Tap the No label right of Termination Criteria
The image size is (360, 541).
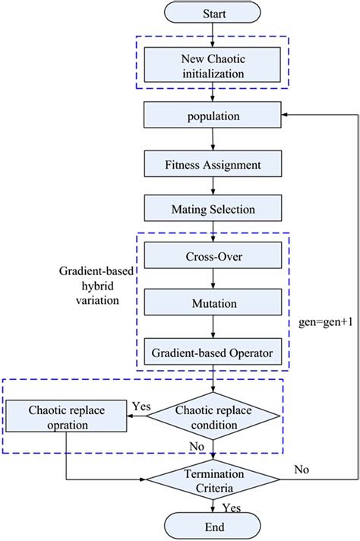[302, 470]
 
